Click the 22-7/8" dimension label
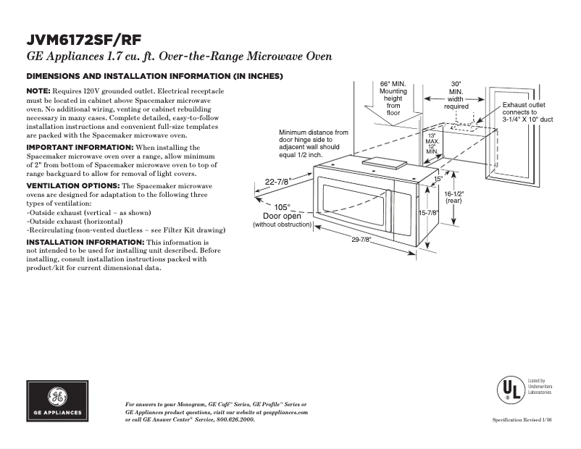point(278,182)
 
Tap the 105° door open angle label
point(281,206)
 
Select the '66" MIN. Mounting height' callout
point(393,98)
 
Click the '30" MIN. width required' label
point(456,94)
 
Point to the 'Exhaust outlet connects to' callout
point(527,112)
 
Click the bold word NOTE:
point(38,91)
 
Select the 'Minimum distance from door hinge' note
point(314,144)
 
